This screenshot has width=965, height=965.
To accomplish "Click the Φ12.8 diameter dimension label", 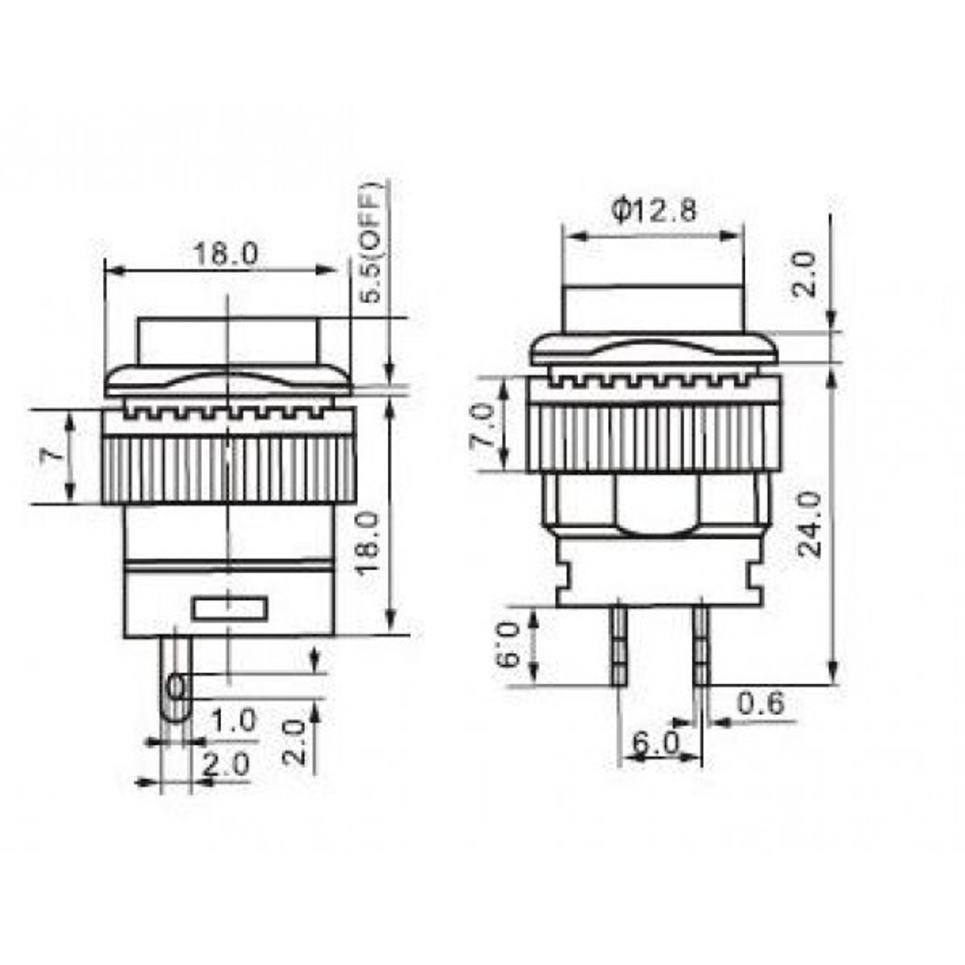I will pos(653,209).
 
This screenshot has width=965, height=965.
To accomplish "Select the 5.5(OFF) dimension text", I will pos(374,242).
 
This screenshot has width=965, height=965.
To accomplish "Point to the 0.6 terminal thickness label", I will pos(758,705).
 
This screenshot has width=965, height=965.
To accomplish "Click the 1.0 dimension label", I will pos(234,719).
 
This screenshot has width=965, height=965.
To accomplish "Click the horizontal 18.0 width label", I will pos(225,255).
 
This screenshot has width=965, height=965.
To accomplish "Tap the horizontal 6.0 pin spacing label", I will pos(656,744).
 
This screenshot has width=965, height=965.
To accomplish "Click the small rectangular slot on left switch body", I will pos(229,608).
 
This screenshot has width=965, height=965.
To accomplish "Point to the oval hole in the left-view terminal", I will pos(176,687).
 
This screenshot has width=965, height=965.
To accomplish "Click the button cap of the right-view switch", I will pos(653,309).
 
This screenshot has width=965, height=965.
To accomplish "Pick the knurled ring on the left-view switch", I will pos(229,469).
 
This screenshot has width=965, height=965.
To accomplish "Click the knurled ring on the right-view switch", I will pos(653,436).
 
